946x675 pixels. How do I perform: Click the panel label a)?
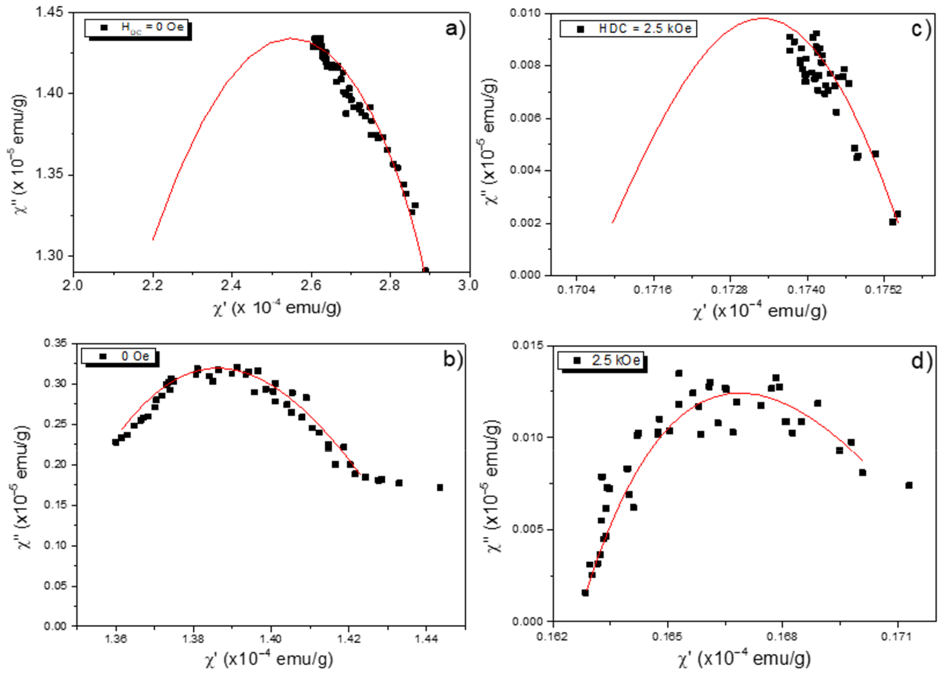tap(455, 29)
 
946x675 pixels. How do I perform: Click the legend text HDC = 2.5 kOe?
tap(645, 29)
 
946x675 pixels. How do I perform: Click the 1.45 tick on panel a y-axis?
tap(49, 12)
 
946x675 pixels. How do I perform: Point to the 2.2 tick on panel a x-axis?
tap(153, 286)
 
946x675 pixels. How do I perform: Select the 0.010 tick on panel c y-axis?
tap(525, 13)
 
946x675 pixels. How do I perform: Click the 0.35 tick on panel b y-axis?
tap(56, 343)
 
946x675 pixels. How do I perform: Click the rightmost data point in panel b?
tap(440, 488)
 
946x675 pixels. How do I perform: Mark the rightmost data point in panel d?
tap(909, 486)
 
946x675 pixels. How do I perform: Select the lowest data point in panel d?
tap(585, 593)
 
